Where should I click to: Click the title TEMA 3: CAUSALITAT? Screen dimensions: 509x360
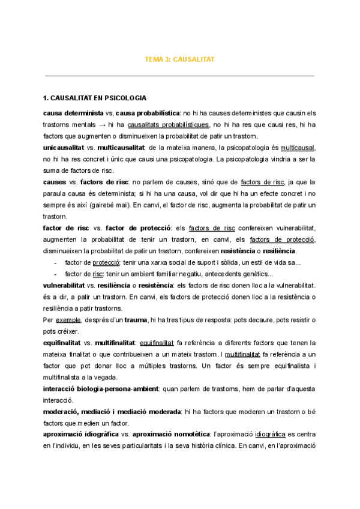tap(180, 60)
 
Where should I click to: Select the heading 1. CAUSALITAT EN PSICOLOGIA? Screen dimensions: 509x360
tap(94, 98)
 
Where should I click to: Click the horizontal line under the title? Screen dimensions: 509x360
tap(180, 76)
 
